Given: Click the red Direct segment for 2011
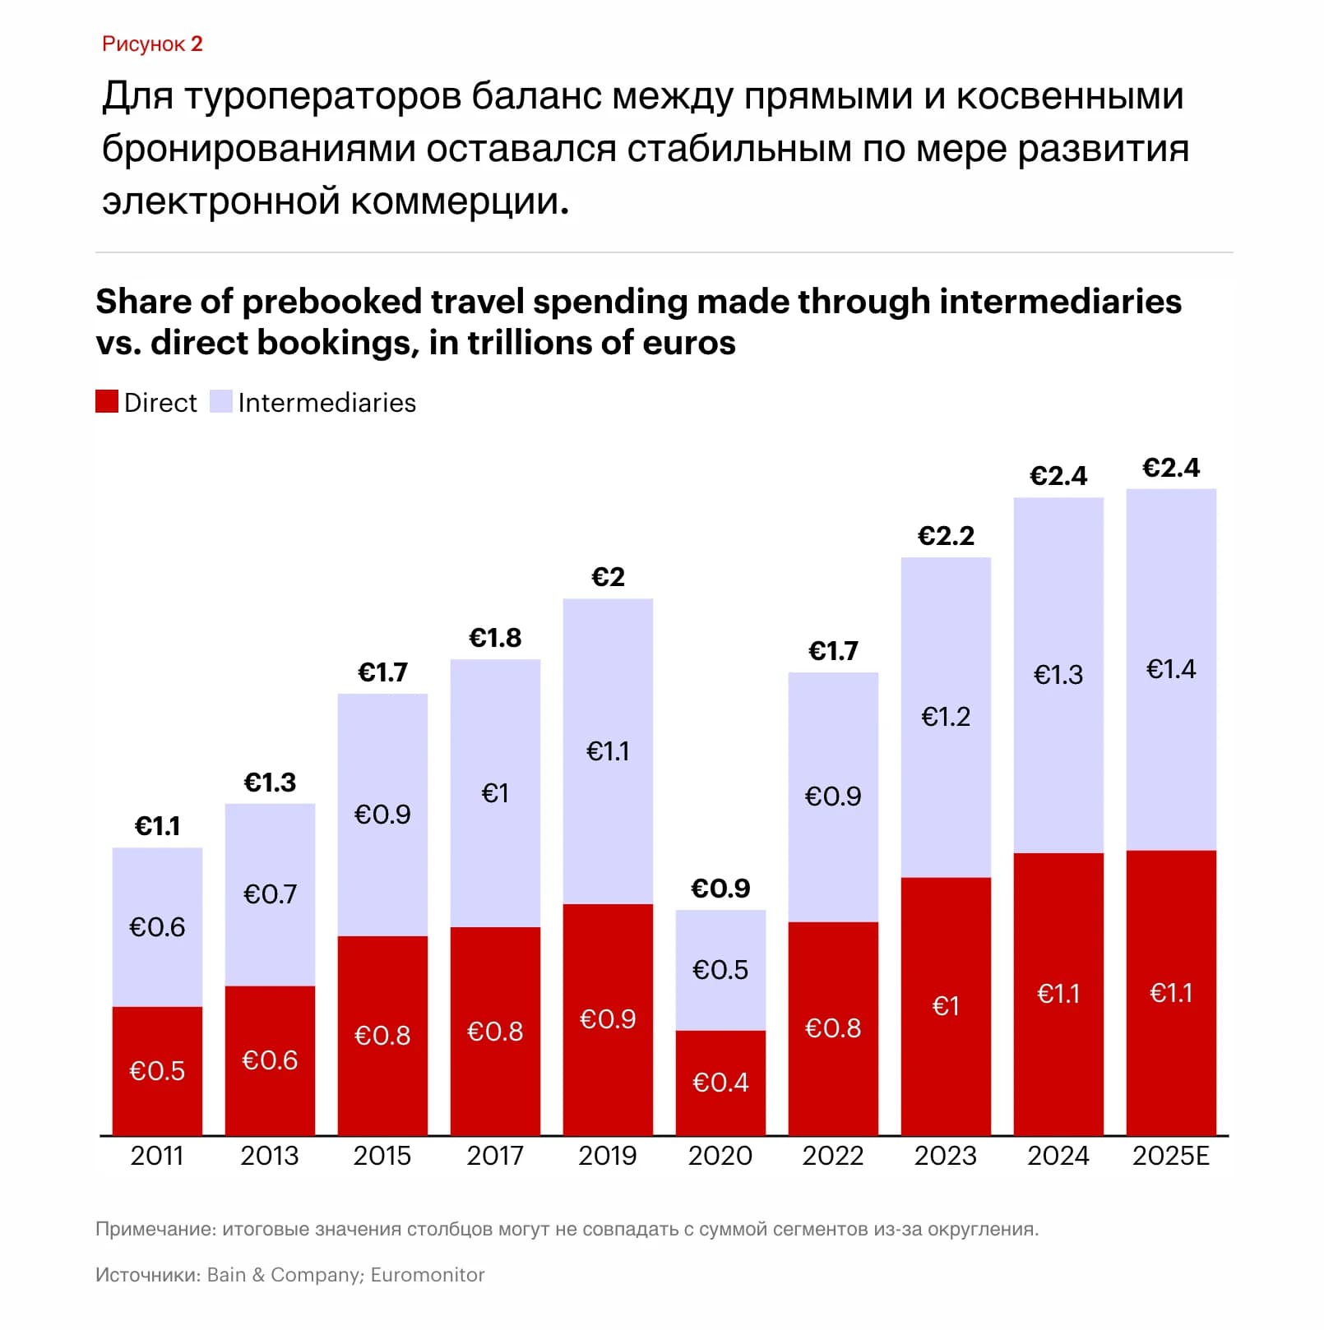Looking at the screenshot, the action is [157, 1071].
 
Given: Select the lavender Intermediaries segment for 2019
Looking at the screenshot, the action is [608, 751].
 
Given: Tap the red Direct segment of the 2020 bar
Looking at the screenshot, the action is [720, 1083].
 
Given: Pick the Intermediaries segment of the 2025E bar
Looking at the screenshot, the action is [1171, 670].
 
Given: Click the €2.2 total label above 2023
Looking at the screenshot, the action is [946, 536].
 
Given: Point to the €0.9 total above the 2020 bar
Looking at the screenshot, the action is [720, 889].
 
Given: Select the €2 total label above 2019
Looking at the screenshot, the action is [608, 577].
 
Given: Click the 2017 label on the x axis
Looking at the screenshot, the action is [495, 1156].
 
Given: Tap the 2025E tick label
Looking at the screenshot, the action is [1171, 1156].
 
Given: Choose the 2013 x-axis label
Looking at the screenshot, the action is [270, 1156].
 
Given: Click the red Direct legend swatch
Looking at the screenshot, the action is [107, 401].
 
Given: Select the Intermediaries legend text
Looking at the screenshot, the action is [327, 403].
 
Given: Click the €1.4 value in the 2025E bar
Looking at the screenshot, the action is [1171, 669].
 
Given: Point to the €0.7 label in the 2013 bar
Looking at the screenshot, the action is [270, 894].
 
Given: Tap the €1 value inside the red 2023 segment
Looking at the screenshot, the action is [946, 1006].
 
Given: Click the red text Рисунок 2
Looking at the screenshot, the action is [152, 44].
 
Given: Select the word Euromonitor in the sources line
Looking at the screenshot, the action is [428, 1275].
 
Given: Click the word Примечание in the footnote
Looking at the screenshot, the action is [155, 1230].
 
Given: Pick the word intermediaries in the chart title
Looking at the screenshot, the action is [1060, 302].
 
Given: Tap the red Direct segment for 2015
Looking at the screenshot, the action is [382, 1036].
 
